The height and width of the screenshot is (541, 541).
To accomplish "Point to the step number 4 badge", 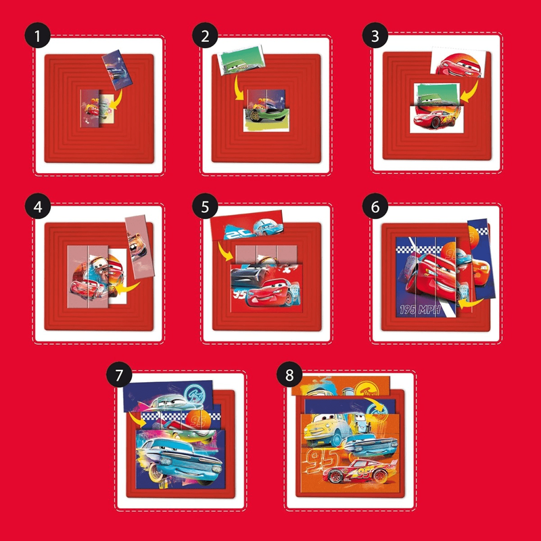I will click(x=37, y=206).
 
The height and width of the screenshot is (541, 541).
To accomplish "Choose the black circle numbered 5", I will click(x=205, y=206).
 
